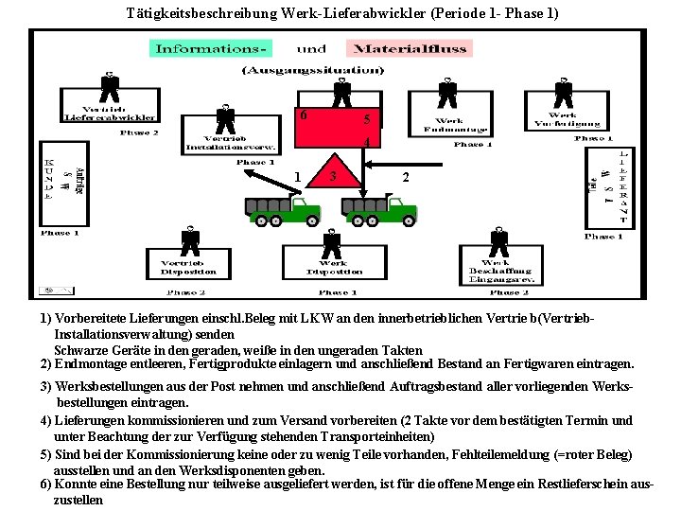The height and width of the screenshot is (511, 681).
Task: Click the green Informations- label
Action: click(x=211, y=49)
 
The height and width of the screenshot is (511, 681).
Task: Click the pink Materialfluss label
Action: click(x=401, y=49)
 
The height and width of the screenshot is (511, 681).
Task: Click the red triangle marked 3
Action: click(x=337, y=172)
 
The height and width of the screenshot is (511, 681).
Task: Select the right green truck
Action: click(x=381, y=210)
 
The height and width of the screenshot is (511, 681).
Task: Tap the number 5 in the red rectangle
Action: click(x=367, y=120)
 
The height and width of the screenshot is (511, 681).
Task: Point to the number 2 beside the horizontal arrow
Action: click(x=406, y=177)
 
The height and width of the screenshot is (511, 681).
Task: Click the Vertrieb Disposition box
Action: click(x=188, y=267)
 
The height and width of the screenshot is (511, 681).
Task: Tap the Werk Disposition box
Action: click(x=332, y=267)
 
